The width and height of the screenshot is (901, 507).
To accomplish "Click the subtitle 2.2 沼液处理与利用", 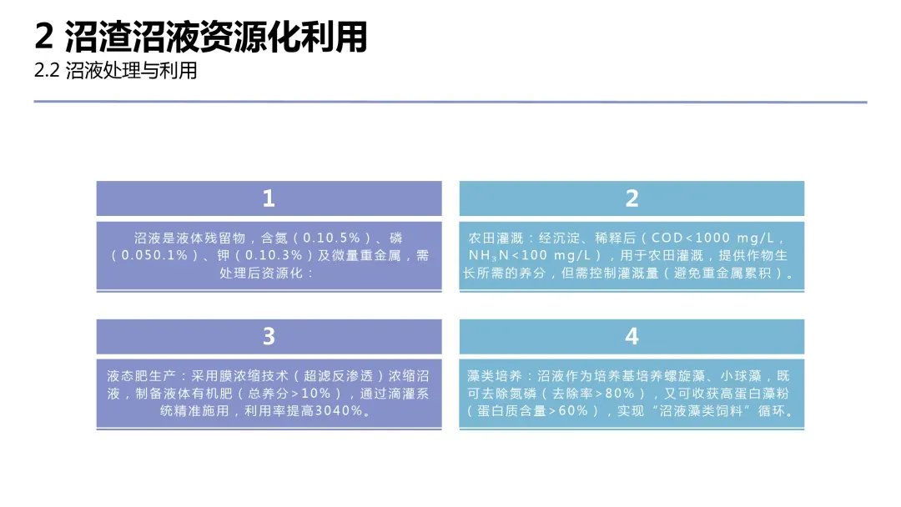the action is [116, 71].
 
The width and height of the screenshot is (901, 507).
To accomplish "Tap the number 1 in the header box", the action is [269, 198].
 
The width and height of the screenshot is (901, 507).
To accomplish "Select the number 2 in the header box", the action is [632, 198].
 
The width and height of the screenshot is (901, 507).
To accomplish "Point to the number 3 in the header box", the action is [269, 336].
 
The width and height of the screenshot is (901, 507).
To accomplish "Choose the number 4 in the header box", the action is [632, 336].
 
